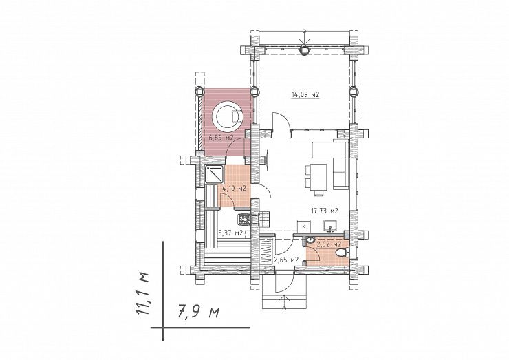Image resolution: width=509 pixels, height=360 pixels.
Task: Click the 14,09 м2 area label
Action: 305,95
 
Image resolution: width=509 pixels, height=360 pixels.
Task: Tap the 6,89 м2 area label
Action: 221,138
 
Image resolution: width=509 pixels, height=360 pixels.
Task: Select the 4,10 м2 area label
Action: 234,188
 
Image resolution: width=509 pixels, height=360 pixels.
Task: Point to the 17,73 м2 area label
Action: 325,211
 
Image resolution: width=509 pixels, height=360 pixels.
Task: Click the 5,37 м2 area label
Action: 231,233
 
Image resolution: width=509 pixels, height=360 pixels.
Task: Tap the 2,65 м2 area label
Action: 286,260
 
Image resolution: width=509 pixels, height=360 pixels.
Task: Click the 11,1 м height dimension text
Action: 142,293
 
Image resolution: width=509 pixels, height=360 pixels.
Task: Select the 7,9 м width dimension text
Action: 199,313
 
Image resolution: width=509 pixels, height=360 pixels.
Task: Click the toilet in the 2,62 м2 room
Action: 343,253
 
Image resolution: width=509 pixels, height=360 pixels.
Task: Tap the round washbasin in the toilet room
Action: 311,240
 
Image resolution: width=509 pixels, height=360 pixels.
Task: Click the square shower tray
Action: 214,174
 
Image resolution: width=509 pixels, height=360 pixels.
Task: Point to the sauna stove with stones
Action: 243,220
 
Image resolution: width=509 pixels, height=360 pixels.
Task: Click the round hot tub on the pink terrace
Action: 227,116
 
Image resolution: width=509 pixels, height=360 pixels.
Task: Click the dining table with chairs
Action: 316,178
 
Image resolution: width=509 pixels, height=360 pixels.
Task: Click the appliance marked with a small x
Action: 303,226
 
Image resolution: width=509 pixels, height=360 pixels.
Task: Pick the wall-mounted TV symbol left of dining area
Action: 267,160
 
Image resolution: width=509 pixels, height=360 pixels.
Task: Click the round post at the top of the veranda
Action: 304,50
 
